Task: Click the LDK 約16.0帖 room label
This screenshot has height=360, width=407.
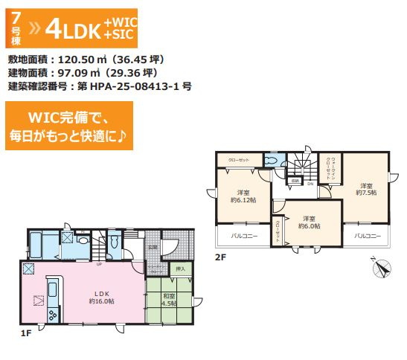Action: [101, 295]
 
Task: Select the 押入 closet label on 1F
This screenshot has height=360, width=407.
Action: [179, 268]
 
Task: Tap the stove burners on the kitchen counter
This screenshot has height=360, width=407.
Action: [54, 316]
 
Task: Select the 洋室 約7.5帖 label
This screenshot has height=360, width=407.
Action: [365, 189]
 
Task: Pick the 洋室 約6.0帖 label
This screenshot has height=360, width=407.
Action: [310, 222]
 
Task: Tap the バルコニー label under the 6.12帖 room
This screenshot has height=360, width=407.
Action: [238, 236]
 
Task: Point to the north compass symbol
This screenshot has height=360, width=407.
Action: [381, 266]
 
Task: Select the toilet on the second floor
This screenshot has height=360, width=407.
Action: [271, 161]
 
